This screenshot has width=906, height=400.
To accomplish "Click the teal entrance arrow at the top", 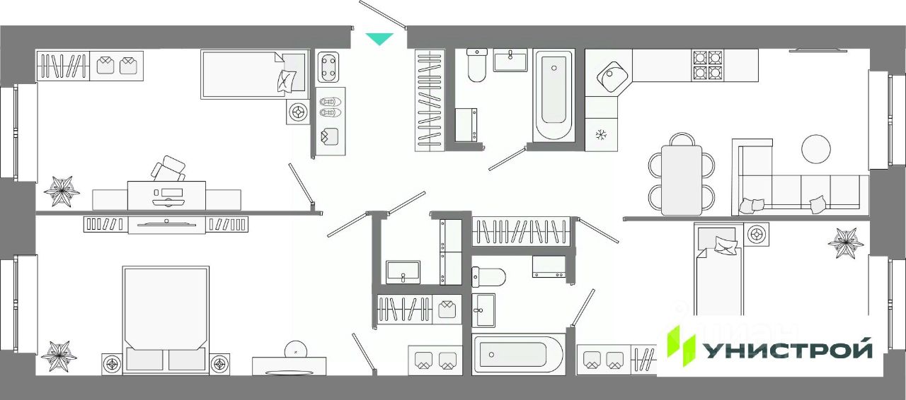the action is click(380, 39).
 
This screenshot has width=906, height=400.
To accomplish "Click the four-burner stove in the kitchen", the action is click(707, 65).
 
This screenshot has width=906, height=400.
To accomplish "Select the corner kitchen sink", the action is click(609, 73).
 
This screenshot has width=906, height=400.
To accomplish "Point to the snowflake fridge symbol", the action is click(602, 134).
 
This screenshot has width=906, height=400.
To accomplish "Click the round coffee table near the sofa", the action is click(815, 148).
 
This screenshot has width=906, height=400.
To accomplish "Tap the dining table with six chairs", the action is click(682, 180).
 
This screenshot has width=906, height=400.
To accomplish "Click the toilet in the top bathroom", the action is click(476, 65).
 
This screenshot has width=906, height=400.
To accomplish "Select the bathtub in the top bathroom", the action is click(554, 95).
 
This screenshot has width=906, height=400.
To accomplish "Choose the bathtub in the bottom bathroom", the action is click(519, 353).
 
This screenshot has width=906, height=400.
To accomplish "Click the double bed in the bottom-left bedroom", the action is click(166, 318).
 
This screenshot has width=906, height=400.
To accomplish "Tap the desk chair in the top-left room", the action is click(168, 169).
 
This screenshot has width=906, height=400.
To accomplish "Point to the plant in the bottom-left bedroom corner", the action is click(58, 355).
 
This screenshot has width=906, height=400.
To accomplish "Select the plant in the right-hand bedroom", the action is click(847, 242).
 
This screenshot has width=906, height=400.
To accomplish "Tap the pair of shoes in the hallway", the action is click(330, 107).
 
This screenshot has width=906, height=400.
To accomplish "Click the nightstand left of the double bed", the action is click(113, 364).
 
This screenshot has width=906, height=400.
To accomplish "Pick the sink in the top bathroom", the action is click(510, 60).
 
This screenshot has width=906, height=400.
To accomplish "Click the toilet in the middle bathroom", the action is click(488, 276).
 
